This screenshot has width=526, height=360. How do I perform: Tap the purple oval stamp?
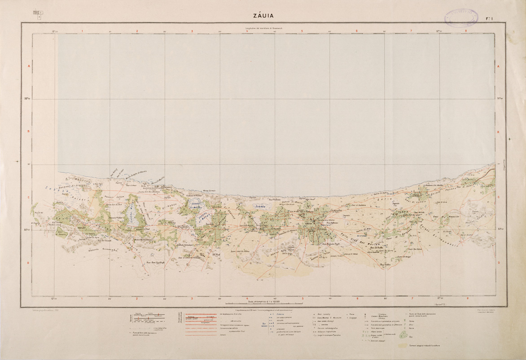(x=461, y=17)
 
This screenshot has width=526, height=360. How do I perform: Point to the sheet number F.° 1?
(x=490, y=18)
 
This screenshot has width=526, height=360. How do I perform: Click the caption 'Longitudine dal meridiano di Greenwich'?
(x=263, y=29)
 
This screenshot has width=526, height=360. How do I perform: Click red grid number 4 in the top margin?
(x=247, y=31)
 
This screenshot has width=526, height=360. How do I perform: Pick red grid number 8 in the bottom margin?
(x=467, y=298)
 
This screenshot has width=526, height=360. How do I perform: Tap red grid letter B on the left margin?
(x=28, y=132)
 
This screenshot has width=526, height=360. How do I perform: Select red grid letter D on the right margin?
(x=498, y=263)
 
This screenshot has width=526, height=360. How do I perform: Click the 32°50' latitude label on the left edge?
(x=27, y=99)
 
